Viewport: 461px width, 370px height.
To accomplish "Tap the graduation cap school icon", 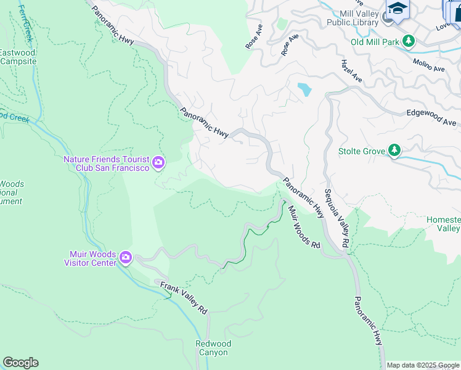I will click(398, 9).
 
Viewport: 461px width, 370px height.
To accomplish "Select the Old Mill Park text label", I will click(374, 42).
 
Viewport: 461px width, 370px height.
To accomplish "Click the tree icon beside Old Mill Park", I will click(408, 41).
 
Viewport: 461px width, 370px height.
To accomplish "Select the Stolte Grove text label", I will click(361, 151).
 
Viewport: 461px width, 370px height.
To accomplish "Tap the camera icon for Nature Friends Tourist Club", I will click(158, 163).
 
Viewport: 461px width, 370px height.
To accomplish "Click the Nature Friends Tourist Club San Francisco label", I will click(107, 163).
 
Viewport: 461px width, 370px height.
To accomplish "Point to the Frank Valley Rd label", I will click(184, 298).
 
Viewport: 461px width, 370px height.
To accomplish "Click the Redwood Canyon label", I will click(213, 348).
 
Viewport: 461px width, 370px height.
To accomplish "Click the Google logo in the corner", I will click(20, 363).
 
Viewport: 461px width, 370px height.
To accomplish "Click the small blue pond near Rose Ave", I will click(304, 90).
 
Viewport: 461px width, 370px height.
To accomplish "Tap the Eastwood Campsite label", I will click(17, 57).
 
